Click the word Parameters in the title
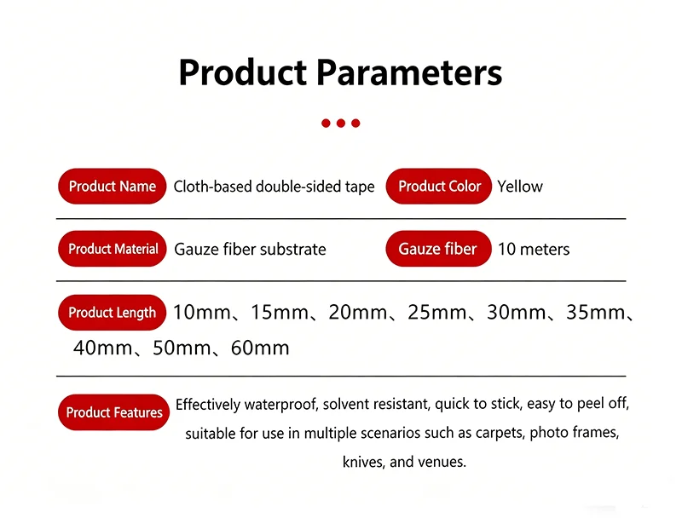pyautogui.click(x=409, y=72)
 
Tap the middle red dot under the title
pyautogui.click(x=340, y=123)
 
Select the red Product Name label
pyautogui.click(x=113, y=186)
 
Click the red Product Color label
pyautogui.click(x=439, y=186)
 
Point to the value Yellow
pyautogui.click(x=520, y=187)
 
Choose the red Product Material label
pyautogui.click(x=113, y=249)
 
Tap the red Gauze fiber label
pyautogui.click(x=439, y=249)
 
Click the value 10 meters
pyautogui.click(x=534, y=249)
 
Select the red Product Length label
pyautogui.click(x=113, y=313)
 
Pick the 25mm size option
pyautogui.click(x=436, y=312)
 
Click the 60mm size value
pyautogui.click(x=260, y=348)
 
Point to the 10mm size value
pyautogui.click(x=202, y=312)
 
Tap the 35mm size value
pyautogui.click(x=595, y=312)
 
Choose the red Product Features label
pyautogui.click(x=113, y=412)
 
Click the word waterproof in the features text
pyautogui.click(x=280, y=404)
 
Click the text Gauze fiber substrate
pyautogui.click(x=250, y=249)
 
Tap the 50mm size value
pyautogui.click(x=182, y=348)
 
